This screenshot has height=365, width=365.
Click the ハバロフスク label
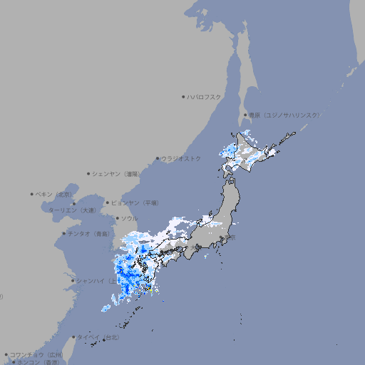tap(205, 96)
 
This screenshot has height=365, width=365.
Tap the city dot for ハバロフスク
tap(183, 96)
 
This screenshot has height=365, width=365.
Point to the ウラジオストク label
tap(182, 158)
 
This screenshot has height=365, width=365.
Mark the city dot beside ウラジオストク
tap(158, 158)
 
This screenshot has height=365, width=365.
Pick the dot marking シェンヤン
tap(88, 173)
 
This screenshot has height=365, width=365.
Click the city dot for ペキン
tap(32, 194)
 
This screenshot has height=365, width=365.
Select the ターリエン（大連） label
tap(71, 210)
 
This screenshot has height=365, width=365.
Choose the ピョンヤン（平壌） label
tap(135, 202)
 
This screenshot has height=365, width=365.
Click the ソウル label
tap(129, 218)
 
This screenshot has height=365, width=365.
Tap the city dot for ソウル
tap(117, 218)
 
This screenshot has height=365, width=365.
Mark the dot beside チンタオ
tap(63, 233)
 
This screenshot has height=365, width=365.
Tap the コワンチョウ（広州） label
tap(36, 354)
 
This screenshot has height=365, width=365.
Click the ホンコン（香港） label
tap(38, 362)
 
